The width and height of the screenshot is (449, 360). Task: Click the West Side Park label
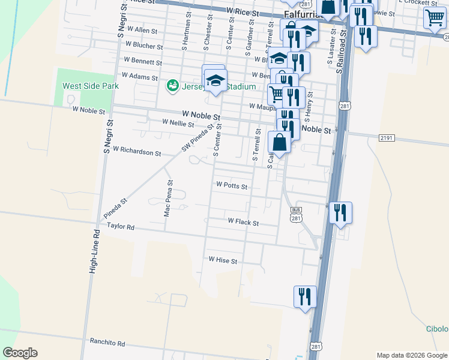coord(91,86)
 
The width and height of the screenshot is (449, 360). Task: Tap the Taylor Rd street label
coord(121,227)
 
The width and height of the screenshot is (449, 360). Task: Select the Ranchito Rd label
coord(107,344)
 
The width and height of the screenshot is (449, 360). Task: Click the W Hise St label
coord(223,261)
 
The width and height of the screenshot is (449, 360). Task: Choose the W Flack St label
coord(243,222)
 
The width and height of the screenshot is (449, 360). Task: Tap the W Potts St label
coord(232,186)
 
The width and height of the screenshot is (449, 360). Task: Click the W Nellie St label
coord(178,124)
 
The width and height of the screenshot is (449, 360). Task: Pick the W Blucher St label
coord(143,46)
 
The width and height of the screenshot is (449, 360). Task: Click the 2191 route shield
coord(387,138)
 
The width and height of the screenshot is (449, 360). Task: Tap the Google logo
coord(20,353)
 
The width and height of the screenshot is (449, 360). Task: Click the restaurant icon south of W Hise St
coord(305,296)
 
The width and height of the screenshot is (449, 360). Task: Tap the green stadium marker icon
coord(173,86)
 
